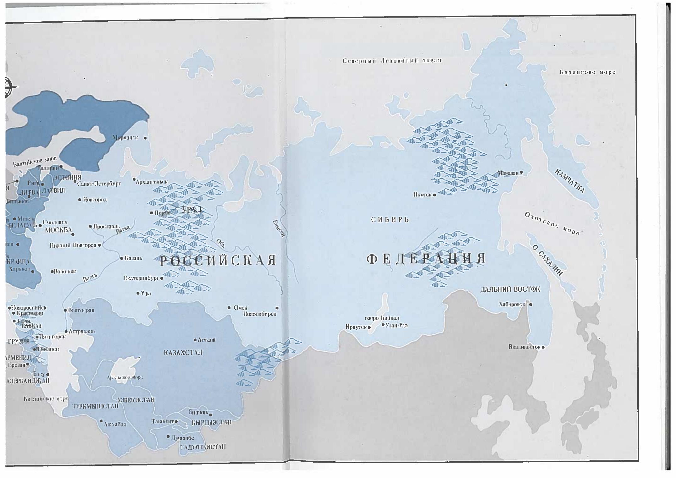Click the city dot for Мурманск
click(x=145, y=138)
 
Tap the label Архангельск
click(x=152, y=182)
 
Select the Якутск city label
click(x=422, y=195)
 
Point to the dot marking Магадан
click(x=521, y=172)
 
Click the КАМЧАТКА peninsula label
click(x=569, y=181)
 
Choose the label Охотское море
click(x=552, y=223)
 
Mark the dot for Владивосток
click(x=543, y=347)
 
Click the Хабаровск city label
click(x=512, y=304)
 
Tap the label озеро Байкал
click(x=382, y=318)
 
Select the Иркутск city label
click(x=356, y=327)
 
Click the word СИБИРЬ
click(x=390, y=220)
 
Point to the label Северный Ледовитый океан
click(x=392, y=61)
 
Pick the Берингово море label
click(x=587, y=72)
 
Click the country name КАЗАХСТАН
click(x=183, y=353)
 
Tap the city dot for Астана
click(x=195, y=340)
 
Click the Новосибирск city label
click(x=259, y=314)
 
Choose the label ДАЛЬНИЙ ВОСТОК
click(x=510, y=289)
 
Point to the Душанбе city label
click(x=182, y=438)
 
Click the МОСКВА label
click(x=58, y=230)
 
